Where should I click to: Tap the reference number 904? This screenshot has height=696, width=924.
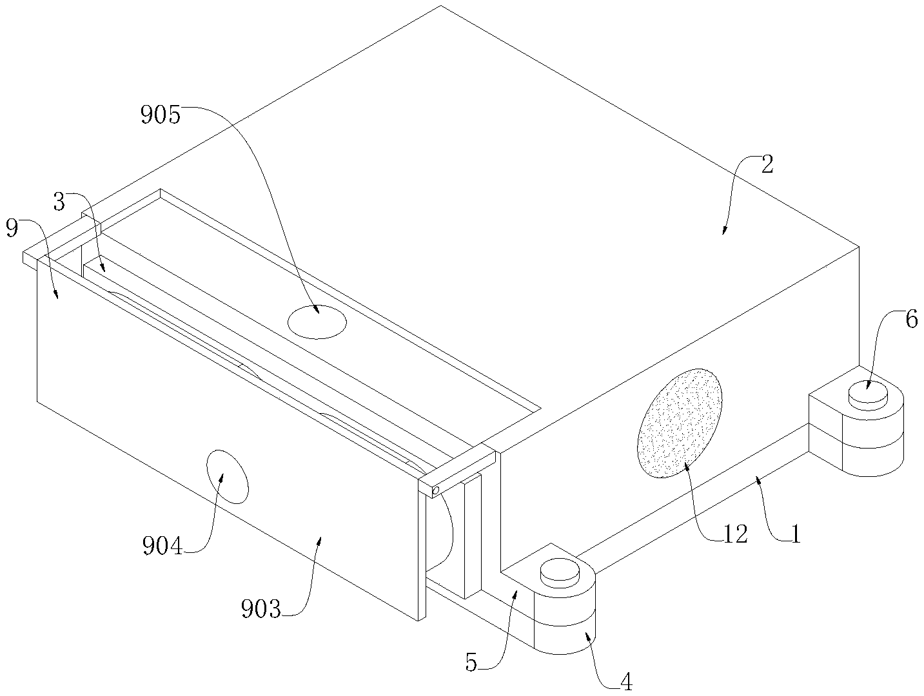[x=163, y=547]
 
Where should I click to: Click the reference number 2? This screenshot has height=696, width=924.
[x=767, y=165]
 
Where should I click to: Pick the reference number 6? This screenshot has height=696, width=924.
[x=911, y=320]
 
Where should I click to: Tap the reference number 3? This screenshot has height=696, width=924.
[x=59, y=202]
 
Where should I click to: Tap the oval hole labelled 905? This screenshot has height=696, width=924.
[x=317, y=322]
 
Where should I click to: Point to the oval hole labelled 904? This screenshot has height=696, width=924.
[x=226, y=476]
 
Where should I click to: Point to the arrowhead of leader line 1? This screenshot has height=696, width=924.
[x=760, y=478]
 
